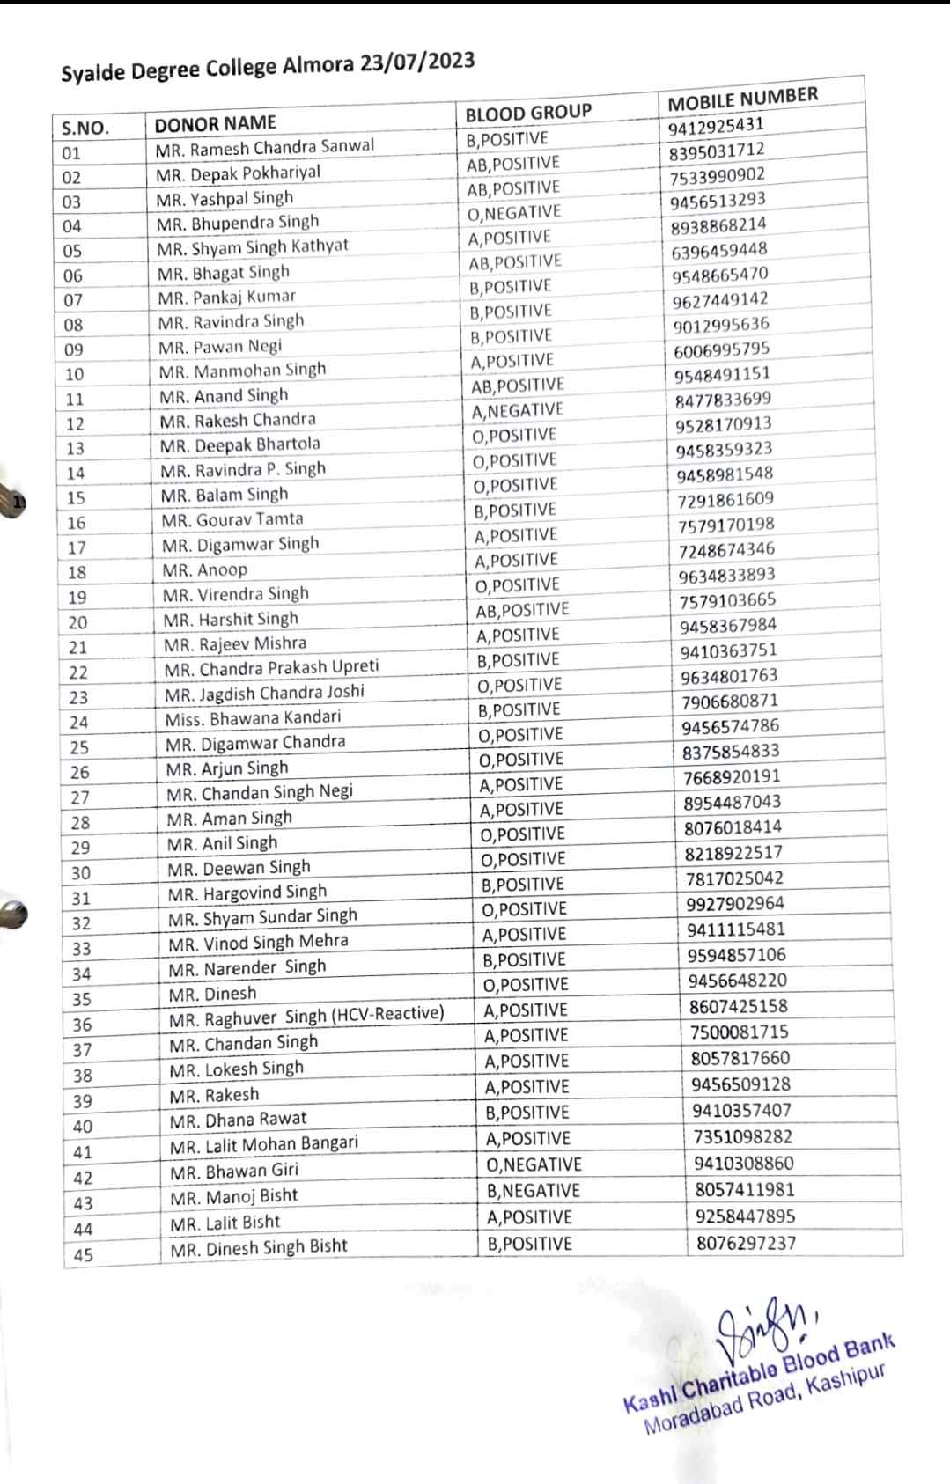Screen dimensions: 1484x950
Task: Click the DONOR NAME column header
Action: click(x=216, y=123)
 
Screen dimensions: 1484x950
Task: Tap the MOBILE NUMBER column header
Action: click(x=742, y=99)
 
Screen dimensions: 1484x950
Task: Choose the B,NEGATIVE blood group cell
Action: click(x=534, y=1191)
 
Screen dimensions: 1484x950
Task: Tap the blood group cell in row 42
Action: click(x=534, y=1164)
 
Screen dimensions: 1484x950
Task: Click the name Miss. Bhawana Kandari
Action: click(x=253, y=718)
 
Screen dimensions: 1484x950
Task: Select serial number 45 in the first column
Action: click(x=83, y=1255)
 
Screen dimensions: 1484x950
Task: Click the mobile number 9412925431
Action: click(x=716, y=125)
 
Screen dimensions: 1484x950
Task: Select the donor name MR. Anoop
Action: click(x=205, y=569)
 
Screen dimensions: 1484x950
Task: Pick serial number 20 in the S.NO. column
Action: click(x=77, y=622)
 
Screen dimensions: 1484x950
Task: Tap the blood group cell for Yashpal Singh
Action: click(x=513, y=188)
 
